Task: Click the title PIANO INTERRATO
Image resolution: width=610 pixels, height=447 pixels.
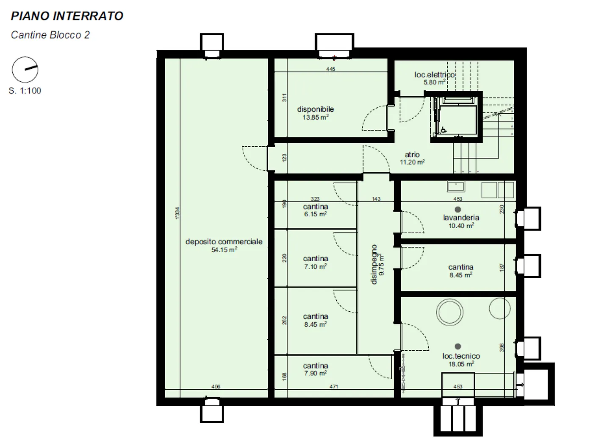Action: (x=67, y=16)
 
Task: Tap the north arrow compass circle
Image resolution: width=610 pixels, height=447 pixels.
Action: (x=25, y=57)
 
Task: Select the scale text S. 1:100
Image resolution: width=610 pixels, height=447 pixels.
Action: (x=25, y=90)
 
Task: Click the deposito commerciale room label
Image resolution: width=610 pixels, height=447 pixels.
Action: (x=224, y=242)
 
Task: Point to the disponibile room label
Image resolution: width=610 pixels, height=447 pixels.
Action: (x=315, y=109)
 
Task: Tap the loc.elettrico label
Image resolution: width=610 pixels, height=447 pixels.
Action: (x=435, y=74)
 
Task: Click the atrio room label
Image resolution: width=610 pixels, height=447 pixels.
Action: (x=412, y=154)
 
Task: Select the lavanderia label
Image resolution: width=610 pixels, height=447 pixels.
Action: (x=461, y=218)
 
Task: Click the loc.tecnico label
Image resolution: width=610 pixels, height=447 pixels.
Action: (x=461, y=356)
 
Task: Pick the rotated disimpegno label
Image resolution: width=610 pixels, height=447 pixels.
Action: (x=374, y=264)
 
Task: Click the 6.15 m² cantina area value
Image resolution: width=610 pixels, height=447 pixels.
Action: (x=315, y=214)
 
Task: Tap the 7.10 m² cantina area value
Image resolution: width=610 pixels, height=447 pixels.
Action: (x=315, y=267)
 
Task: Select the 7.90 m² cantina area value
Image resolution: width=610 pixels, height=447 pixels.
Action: (x=315, y=373)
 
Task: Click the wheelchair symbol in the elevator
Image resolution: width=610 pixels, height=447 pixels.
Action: (x=444, y=130)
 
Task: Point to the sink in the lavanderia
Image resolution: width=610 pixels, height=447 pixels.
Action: (x=456, y=187)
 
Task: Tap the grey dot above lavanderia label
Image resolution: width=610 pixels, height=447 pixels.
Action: (x=458, y=210)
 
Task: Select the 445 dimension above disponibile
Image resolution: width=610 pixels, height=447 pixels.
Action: (x=330, y=69)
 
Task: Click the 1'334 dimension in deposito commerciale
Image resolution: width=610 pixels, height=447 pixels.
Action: (x=177, y=213)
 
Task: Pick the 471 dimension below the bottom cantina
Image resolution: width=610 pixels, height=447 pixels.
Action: (x=334, y=386)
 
